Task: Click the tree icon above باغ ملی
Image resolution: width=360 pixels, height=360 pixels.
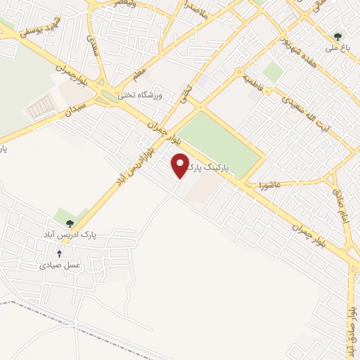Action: click(x=338, y=37)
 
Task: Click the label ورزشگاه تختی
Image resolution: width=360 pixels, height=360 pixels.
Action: click(x=139, y=96)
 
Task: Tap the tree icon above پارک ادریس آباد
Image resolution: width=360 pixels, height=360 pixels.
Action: click(x=68, y=224)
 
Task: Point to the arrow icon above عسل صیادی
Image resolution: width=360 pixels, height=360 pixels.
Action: click(x=59, y=253)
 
